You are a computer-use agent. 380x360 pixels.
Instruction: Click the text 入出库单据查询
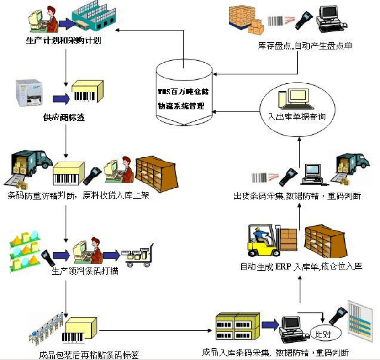(296, 117)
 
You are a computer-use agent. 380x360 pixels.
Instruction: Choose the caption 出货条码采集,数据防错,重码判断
(297, 196)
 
